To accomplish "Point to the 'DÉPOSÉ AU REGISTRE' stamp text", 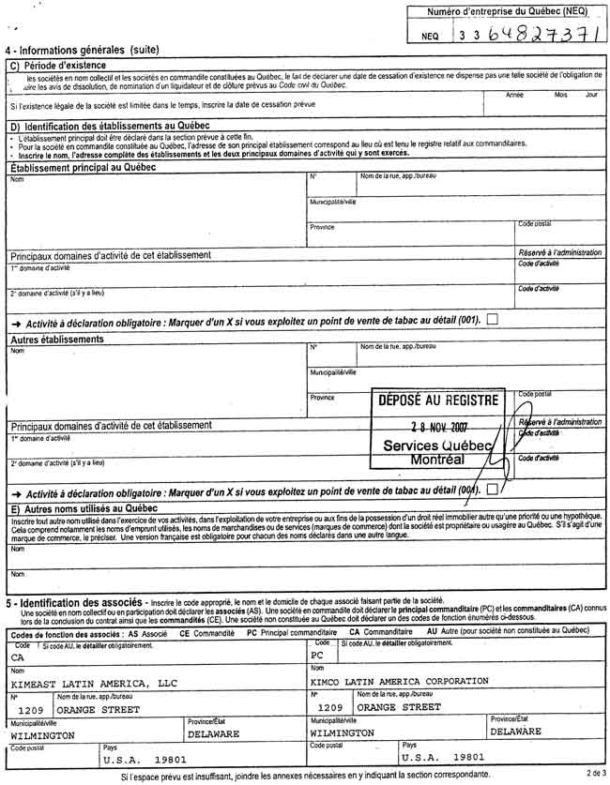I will [x=437, y=400].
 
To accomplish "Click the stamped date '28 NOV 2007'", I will [x=437, y=426].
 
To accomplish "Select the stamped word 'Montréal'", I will [x=437, y=460].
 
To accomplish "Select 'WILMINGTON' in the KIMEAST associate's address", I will [x=42, y=735].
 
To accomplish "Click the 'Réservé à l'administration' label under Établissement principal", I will [x=560, y=253].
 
